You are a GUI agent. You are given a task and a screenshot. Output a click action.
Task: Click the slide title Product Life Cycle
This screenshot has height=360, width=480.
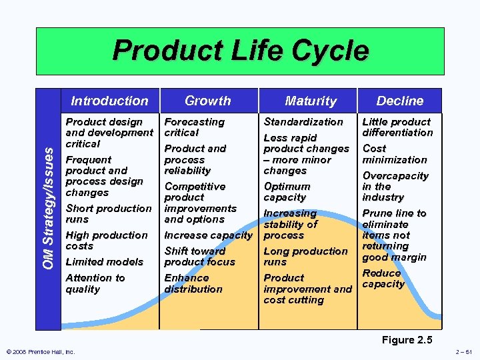240,51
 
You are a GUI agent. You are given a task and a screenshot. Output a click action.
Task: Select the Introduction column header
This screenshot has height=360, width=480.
109,101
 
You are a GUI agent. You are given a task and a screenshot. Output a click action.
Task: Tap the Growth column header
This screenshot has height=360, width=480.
207,101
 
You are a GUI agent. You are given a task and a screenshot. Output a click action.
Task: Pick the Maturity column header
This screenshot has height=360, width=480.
311,101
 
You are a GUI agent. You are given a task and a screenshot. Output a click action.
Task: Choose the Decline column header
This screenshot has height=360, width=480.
399,101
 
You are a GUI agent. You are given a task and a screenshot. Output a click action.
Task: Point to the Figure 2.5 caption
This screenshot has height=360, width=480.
407,340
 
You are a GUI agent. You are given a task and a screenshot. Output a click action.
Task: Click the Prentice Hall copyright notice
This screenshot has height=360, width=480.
41,352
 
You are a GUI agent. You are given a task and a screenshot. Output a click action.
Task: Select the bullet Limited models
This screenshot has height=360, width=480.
104,262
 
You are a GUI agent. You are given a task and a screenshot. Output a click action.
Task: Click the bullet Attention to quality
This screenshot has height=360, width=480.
95,283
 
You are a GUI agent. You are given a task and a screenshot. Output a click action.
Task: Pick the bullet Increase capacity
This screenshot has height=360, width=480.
208,235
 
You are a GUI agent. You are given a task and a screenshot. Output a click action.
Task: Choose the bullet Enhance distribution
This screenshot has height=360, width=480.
193,283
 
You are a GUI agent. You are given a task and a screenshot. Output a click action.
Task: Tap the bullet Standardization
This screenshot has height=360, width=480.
303,122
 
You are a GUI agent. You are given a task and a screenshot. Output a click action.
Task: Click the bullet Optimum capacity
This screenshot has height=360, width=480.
287,192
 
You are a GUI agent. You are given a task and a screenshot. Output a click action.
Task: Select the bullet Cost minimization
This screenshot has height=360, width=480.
394,154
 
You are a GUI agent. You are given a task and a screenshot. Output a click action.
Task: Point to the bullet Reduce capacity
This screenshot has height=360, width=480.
383,279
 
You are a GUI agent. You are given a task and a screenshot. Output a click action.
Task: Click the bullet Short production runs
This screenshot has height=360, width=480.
108,213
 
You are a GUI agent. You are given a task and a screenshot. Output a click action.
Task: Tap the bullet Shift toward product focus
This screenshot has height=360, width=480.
199,257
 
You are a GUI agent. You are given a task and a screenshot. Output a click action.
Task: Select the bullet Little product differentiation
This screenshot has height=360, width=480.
397,127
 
